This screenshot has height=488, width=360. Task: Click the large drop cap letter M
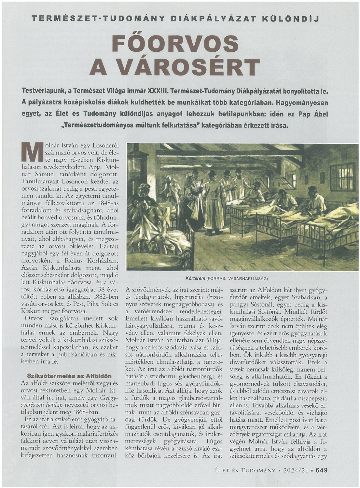coord(32,152)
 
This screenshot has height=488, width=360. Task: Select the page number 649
coord(321,470)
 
